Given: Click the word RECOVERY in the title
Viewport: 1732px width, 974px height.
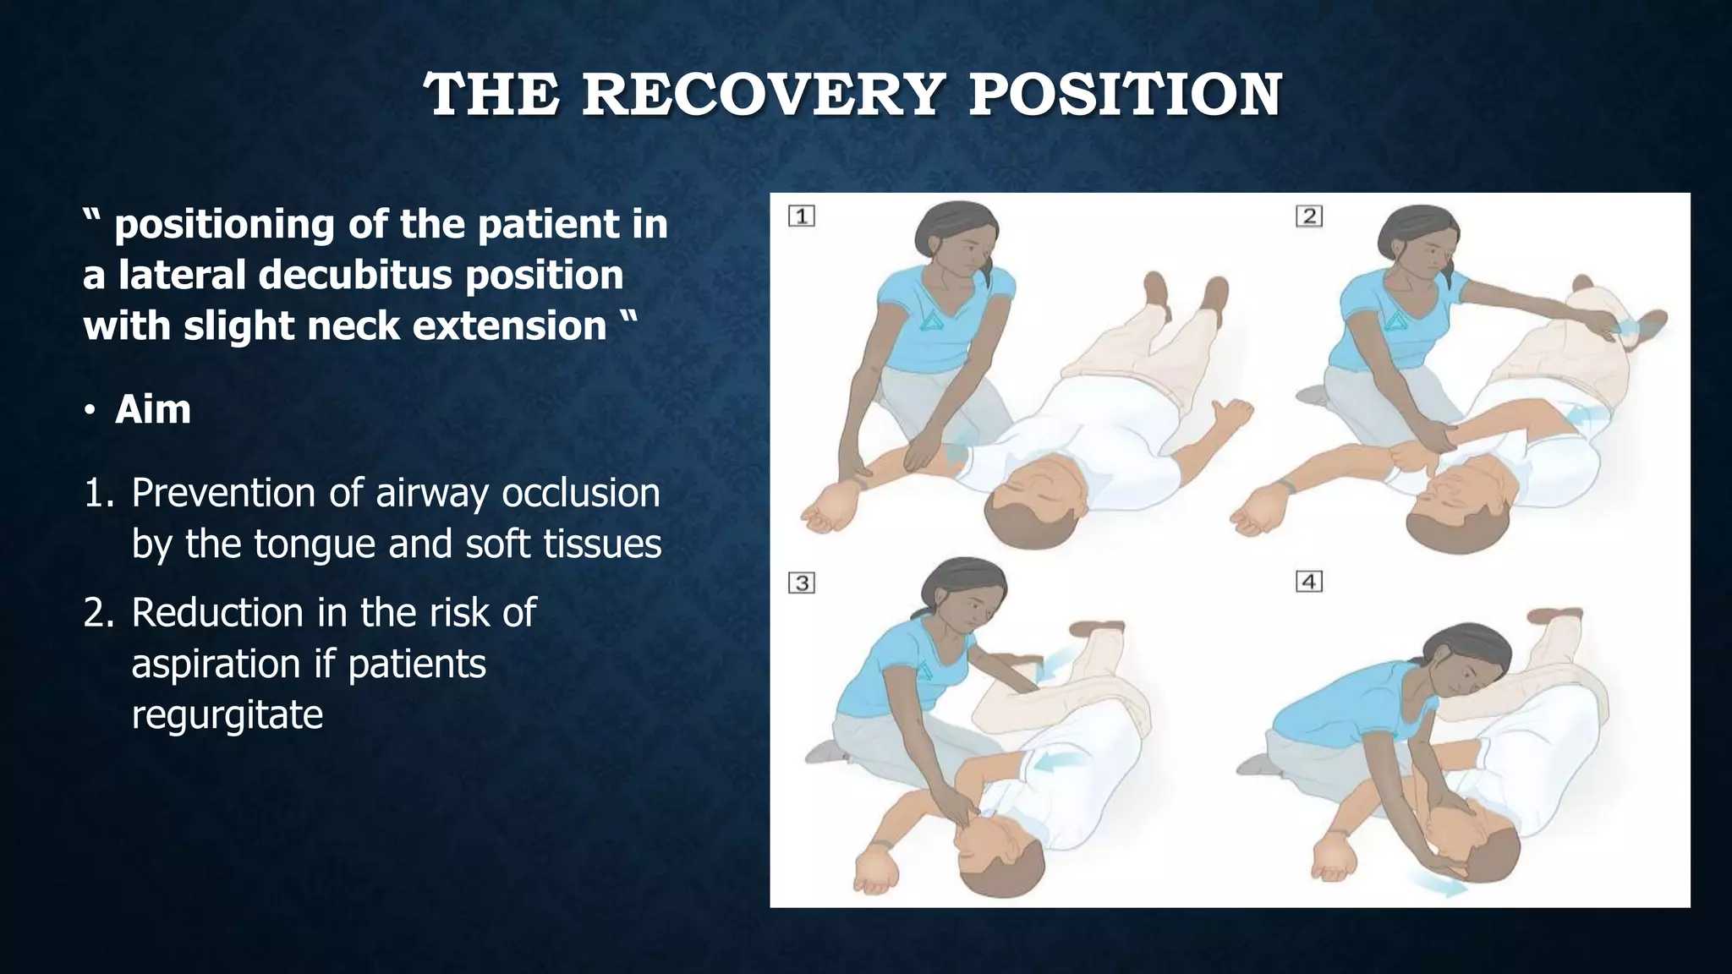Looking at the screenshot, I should point(763,95).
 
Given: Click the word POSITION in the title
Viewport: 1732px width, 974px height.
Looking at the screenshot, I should point(1125,95).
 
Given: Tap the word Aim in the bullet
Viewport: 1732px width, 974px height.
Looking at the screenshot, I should point(153,410).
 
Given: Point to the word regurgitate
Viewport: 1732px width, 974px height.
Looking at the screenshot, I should point(227,715).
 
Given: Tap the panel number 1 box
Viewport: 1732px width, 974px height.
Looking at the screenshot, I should point(802,216).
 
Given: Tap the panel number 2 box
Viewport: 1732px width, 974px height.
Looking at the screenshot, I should point(1309,216).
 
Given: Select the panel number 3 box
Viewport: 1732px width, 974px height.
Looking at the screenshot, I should point(802,583).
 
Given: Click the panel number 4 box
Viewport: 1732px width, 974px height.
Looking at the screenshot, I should point(1309,582).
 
